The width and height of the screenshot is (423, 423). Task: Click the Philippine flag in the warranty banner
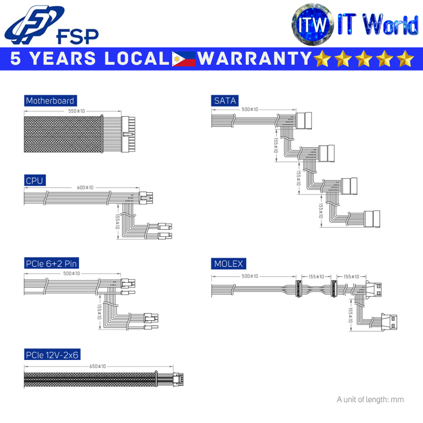coord(183,59)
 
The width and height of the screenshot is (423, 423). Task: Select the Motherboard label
coord(50,101)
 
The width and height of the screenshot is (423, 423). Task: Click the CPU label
coord(34,181)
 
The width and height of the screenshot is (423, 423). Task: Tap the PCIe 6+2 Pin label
coord(51,264)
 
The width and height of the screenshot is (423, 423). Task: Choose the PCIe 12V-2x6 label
coord(52,355)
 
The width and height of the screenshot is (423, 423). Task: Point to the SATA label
coord(225,101)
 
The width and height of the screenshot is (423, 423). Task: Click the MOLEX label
coord(228,264)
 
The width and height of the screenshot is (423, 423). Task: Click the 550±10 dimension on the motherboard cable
coord(77,111)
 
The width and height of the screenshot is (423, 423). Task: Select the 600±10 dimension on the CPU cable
coord(85,187)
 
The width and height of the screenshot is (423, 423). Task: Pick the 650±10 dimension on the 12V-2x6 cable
coord(98,366)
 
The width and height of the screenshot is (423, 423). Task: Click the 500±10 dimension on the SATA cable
coord(250,110)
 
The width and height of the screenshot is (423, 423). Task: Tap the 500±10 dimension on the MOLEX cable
coord(250,276)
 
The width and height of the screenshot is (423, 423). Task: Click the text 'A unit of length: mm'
coord(370,399)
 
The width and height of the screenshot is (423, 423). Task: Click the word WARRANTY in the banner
coord(254,59)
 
